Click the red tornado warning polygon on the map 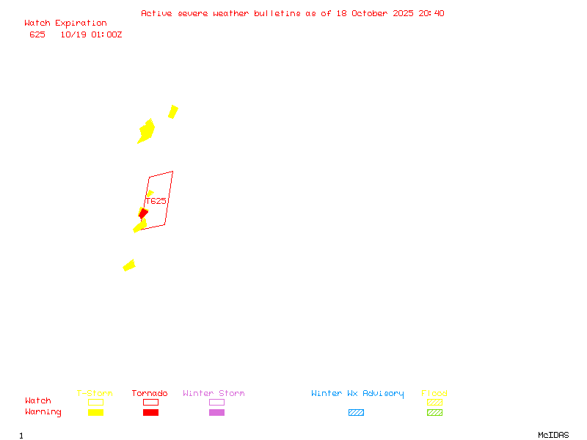click(x=143, y=213)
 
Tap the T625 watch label click(x=156, y=201)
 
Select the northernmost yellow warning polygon click(x=173, y=111)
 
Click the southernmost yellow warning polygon click(x=129, y=265)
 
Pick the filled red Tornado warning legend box click(x=150, y=413)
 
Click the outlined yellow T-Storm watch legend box click(x=95, y=402)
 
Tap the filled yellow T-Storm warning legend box click(x=95, y=413)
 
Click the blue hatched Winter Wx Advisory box click(x=356, y=413)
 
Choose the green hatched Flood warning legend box click(x=434, y=413)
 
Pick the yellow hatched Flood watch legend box click(x=434, y=402)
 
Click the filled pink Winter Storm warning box click(x=216, y=413)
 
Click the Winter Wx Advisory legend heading click(x=357, y=394)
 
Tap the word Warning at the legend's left click(x=43, y=412)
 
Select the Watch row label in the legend click(x=38, y=401)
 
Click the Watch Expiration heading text click(x=65, y=23)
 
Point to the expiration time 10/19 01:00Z click(x=91, y=34)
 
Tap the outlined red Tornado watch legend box click(x=150, y=402)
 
